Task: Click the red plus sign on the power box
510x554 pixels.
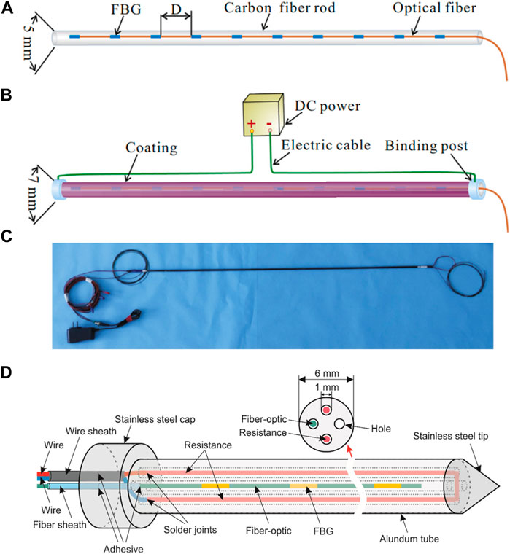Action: click(x=252, y=125)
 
